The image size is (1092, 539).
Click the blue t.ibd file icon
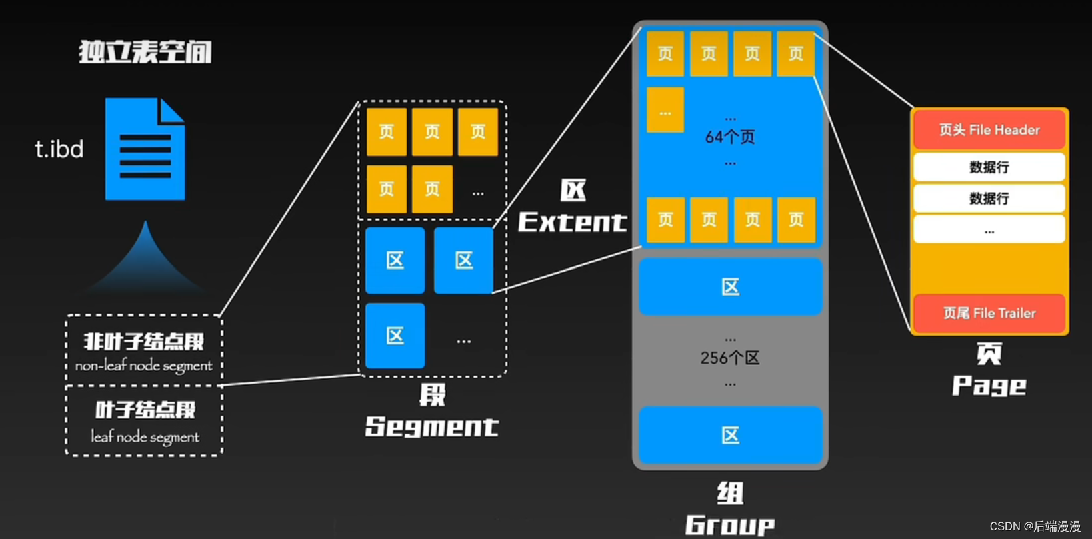(145, 149)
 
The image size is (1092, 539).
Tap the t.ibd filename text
(59, 149)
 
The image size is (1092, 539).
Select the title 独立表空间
(145, 52)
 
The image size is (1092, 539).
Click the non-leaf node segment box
(144, 350)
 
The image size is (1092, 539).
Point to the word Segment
(431, 427)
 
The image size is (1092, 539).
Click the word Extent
(572, 222)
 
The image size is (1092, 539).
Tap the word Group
(729, 525)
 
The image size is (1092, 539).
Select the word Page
(989, 386)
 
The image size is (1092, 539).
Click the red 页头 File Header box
(989, 130)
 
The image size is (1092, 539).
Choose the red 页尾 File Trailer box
(989, 313)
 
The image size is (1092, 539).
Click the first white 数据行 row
(989, 167)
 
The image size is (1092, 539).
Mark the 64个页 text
(730, 137)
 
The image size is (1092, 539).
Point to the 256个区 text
(730, 358)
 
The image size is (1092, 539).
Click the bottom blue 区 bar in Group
(730, 435)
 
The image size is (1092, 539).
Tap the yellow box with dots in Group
(665, 110)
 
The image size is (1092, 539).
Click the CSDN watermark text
(1035, 526)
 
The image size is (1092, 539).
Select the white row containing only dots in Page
(989, 230)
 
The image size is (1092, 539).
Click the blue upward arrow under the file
(145, 260)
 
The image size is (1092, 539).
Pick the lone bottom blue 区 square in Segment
(395, 336)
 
